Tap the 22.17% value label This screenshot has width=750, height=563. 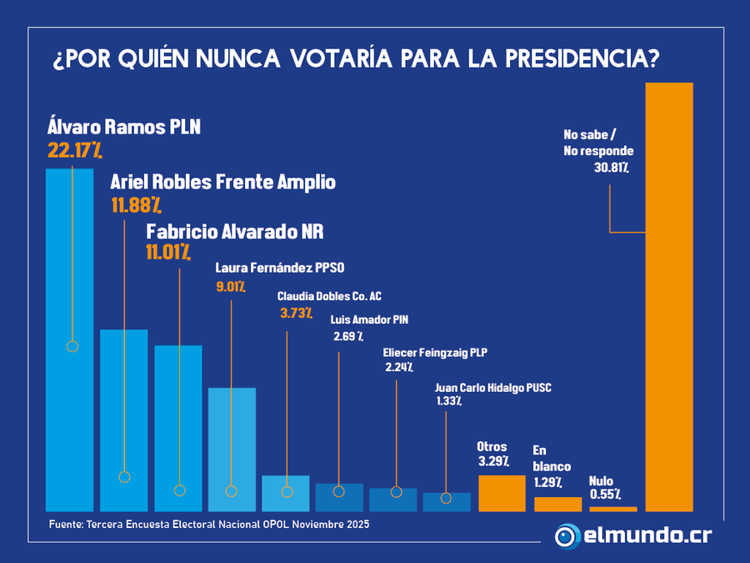(x=75, y=151)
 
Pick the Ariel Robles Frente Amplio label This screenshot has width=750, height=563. (x=223, y=182)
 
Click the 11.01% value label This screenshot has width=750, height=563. (x=169, y=250)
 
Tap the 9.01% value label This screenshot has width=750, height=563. (x=230, y=288)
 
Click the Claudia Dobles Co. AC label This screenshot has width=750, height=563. (x=329, y=296)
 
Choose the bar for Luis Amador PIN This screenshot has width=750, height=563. (x=339, y=498)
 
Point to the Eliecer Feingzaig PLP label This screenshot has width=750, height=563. (x=435, y=353)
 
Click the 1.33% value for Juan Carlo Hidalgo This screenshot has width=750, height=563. (x=449, y=401)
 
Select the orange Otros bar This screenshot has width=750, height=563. (x=502, y=493)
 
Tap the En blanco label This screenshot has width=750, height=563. (x=546, y=459)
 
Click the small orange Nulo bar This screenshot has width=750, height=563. (x=612, y=509)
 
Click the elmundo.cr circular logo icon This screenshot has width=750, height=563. (x=567, y=535)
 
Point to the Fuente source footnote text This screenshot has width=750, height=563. (x=208, y=525)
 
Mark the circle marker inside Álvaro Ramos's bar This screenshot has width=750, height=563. (x=72, y=346)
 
